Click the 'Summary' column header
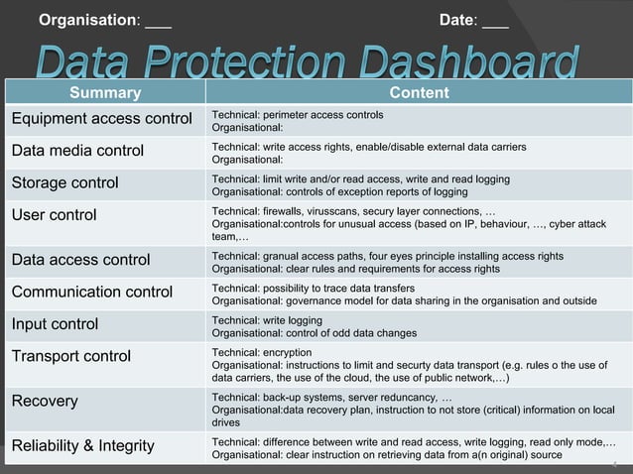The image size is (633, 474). pyautogui.click(x=104, y=93)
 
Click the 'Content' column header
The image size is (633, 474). pyautogui.click(x=418, y=93)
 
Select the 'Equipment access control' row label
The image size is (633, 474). pyautogui.click(x=100, y=120)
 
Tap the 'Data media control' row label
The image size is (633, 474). pyautogui.click(x=77, y=151)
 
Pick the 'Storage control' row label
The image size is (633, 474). pyautogui.click(x=64, y=182)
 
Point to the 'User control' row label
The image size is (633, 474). pyautogui.click(x=54, y=214)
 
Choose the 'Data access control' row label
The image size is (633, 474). pyautogui.click(x=80, y=260)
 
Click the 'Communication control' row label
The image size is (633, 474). pyautogui.click(x=91, y=292)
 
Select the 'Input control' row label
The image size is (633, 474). pyautogui.click(x=55, y=323)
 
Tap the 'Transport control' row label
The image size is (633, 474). pyautogui.click(x=70, y=355)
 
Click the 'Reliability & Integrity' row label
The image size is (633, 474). pyautogui.click(x=82, y=445)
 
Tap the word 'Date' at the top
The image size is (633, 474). pyautogui.click(x=458, y=20)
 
